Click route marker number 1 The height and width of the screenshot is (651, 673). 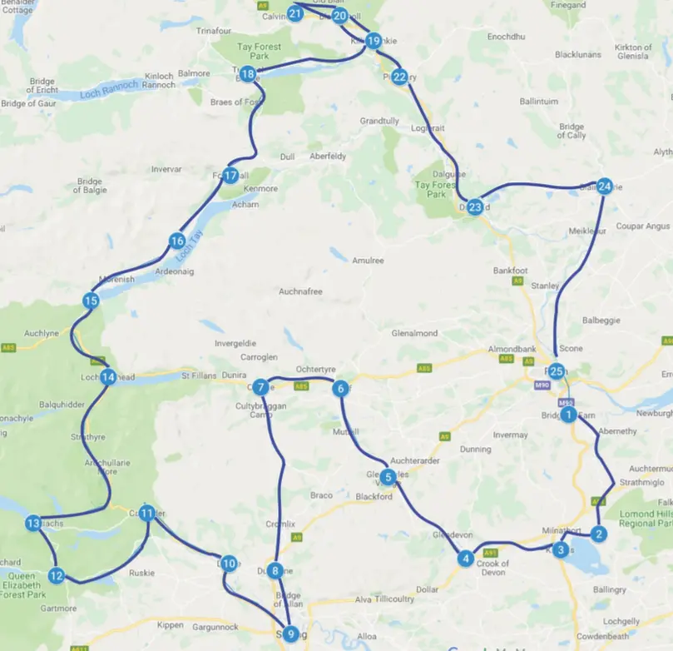pos(569,414)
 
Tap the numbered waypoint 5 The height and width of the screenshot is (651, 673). pos(388,477)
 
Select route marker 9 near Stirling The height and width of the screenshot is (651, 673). pos(289,634)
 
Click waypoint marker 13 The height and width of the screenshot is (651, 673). pos(33,524)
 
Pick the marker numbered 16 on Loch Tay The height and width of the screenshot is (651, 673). pos(176,241)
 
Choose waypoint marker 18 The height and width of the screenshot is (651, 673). pos(248,75)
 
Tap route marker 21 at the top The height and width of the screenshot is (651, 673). pos(294,13)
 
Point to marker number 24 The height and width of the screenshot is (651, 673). pos(605,186)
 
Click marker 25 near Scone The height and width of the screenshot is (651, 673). pos(557,371)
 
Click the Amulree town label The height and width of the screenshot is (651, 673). pos(367,261)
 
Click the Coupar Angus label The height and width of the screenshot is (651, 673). pos(641,226)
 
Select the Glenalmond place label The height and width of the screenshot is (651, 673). pos(414,333)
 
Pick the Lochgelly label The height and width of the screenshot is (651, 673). pos(621,621)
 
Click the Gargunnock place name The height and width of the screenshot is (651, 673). pos(215,626)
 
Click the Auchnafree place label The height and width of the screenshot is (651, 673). pos(300,291)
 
